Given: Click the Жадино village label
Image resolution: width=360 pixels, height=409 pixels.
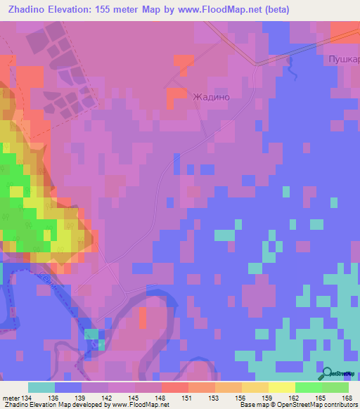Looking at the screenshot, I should point(212,98).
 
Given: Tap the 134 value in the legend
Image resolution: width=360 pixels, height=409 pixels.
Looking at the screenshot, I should point(28,398).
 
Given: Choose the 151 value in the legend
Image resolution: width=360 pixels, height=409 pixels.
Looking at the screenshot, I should point(188,398).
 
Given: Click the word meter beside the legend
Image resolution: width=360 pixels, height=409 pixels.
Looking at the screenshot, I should point(11,398).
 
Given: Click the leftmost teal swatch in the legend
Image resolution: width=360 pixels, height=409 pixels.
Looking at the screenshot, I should point(41,387).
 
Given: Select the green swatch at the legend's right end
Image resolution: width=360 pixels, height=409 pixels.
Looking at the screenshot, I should point(335,387).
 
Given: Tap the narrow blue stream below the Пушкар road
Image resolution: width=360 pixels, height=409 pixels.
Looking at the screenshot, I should point(288,69).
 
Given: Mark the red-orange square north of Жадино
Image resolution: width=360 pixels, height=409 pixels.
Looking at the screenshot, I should point(184,64).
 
